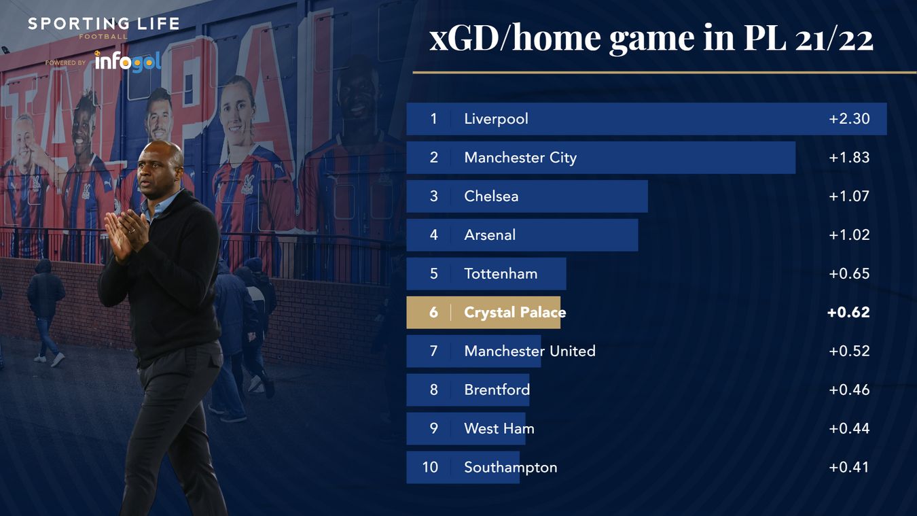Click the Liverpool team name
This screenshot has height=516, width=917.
coord(496,119)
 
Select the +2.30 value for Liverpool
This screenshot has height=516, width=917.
coord(849,119)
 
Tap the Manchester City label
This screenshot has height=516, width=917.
coord(520,158)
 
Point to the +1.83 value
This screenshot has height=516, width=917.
coord(849,158)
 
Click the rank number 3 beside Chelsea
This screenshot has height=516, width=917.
coord(434,196)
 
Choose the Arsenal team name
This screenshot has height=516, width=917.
coord(490,235)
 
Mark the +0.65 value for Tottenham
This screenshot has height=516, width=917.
coord(849,274)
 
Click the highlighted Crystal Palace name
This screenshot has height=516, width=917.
coord(515,313)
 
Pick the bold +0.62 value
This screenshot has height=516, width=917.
coord(848,313)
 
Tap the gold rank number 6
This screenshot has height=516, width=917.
coord(434,313)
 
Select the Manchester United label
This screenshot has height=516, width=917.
coord(530,351)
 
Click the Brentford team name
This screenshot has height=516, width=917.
coord(497,390)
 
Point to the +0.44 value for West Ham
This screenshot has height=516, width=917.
coord(849,429)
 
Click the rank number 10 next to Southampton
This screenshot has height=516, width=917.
coord(431,468)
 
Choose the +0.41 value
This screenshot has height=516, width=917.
coord(849,468)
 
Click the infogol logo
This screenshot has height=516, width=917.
coord(127,61)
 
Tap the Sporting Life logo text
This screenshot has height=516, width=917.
coord(103,24)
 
